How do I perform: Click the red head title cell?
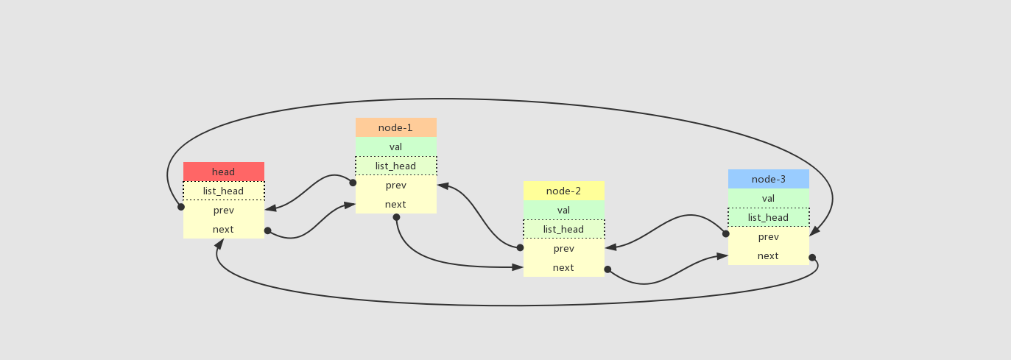[223, 172]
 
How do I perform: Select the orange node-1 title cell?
[395, 127]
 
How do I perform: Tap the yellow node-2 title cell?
[563, 191]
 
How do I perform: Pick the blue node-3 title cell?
[768, 179]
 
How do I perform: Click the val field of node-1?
[395, 147]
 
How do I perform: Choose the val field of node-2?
[563, 210]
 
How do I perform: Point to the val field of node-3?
[768, 198]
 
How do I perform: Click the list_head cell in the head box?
[223, 191]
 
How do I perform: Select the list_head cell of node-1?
[395, 166]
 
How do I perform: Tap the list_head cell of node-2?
[563, 229]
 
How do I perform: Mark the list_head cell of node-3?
[768, 217]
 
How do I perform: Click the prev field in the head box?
[223, 210]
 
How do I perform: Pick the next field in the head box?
[223, 229]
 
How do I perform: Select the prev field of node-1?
[395, 185]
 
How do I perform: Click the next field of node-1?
[395, 204]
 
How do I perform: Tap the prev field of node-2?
[563, 248]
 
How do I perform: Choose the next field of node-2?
[563, 267]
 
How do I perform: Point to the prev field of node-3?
[768, 236]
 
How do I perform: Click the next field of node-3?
[768, 255]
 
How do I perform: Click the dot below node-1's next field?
[396, 217]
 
